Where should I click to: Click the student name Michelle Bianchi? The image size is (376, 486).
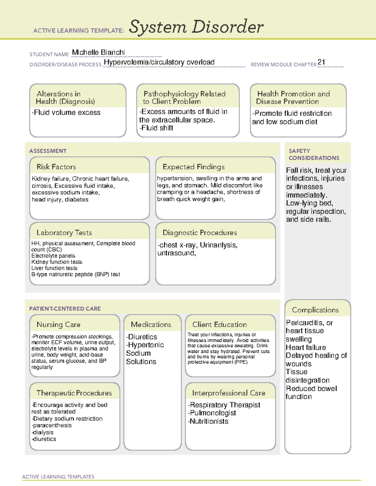[x=98, y=52]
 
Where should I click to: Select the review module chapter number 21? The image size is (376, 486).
[x=321, y=62]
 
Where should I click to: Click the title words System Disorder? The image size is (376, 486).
[x=196, y=27]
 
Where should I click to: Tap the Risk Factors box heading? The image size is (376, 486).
[x=56, y=167]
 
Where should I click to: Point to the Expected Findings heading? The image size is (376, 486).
[x=193, y=167]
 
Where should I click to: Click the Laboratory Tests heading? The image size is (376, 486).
[x=64, y=233]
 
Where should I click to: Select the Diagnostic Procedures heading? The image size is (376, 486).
[x=200, y=233]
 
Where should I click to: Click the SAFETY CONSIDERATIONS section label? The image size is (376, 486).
[x=314, y=154]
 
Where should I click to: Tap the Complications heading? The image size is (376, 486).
[x=315, y=310]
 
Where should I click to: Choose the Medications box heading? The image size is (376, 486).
[x=151, y=325]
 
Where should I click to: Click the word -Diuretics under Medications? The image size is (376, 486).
[x=142, y=337]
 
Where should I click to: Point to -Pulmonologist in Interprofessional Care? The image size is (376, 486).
[x=212, y=413]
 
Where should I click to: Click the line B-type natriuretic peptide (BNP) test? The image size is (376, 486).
[x=76, y=274]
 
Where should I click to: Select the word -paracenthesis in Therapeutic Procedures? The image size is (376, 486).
[x=51, y=425]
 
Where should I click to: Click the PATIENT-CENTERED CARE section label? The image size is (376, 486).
[x=65, y=309]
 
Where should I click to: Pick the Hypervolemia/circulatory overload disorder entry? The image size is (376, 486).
[x=159, y=62]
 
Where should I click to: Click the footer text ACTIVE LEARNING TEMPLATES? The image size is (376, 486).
[x=58, y=477]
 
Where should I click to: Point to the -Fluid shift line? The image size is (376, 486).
[x=156, y=128]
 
